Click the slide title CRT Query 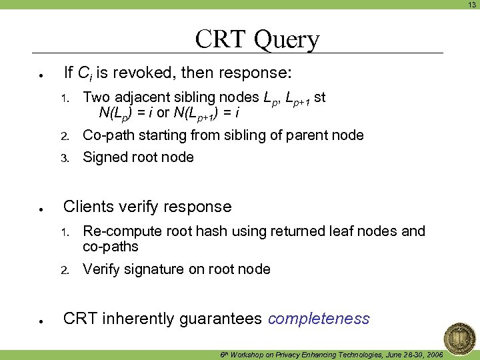pyautogui.click(x=257, y=39)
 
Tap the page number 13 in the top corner pyautogui.click(x=471, y=5)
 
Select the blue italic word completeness pyautogui.click(x=319, y=319)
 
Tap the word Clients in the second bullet pyautogui.click(x=87, y=207)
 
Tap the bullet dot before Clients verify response pyautogui.click(x=41, y=209)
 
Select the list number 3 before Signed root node pyautogui.click(x=65, y=158)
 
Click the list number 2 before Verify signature pyautogui.click(x=65, y=270)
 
